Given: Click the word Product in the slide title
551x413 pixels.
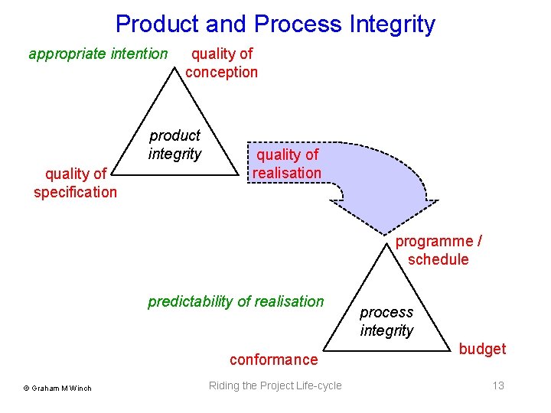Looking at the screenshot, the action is click(158, 24).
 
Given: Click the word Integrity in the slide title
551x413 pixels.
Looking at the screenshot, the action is click(392, 24).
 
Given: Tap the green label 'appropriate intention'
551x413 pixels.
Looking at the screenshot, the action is click(98, 54).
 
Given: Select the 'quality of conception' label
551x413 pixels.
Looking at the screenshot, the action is click(221, 63).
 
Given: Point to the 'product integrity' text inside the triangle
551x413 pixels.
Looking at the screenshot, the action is click(175, 145).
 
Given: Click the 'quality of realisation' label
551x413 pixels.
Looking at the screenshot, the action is click(287, 164).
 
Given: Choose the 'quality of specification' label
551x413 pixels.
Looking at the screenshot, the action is click(75, 183).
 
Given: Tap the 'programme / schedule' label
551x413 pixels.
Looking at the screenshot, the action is click(439, 250).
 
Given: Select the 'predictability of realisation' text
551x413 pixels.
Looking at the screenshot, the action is click(236, 301).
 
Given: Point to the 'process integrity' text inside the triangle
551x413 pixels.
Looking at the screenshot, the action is click(386, 321).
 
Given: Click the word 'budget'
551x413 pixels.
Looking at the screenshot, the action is click(482, 349).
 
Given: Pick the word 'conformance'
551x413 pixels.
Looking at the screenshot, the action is click(273, 359).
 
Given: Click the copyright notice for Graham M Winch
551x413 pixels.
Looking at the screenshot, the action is click(57, 388).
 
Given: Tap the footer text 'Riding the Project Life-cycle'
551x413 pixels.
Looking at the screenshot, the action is click(275, 385).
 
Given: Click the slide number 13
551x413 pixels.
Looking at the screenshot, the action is click(498, 385).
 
